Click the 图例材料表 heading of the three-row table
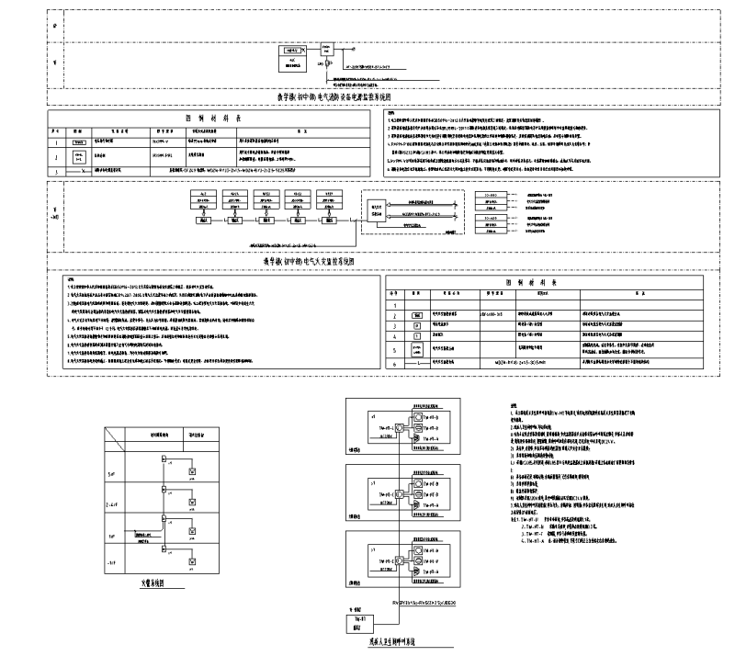pyautogui.click(x=211, y=119)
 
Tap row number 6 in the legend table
pyautogui.click(x=395, y=364)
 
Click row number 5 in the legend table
pyautogui.click(x=395, y=350)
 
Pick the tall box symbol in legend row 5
pyautogui.click(x=417, y=350)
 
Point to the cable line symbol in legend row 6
pyautogui.click(x=419, y=365)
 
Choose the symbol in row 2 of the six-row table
pyautogui.click(x=417, y=314)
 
